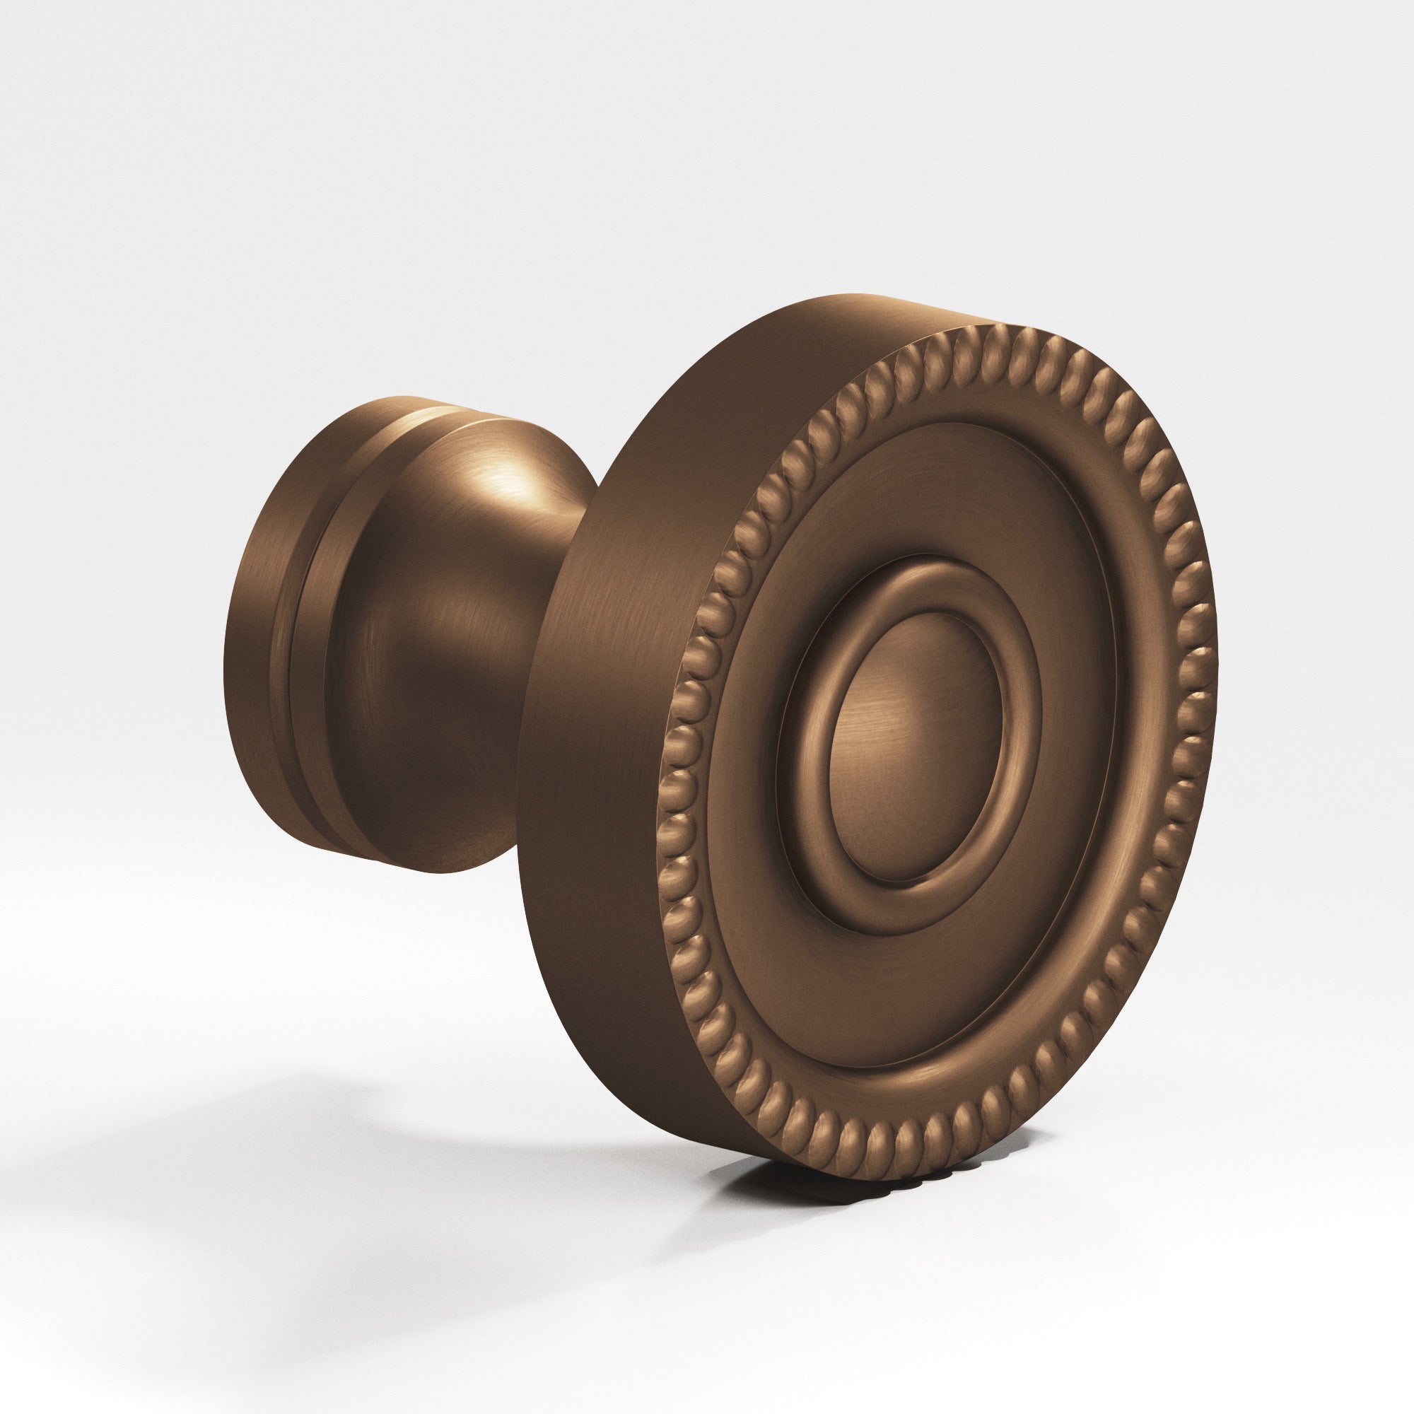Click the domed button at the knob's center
[x=915, y=747]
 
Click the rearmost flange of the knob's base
[x=249, y=637]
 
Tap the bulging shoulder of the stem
[x=380, y=659]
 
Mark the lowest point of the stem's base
[x=446, y=872]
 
